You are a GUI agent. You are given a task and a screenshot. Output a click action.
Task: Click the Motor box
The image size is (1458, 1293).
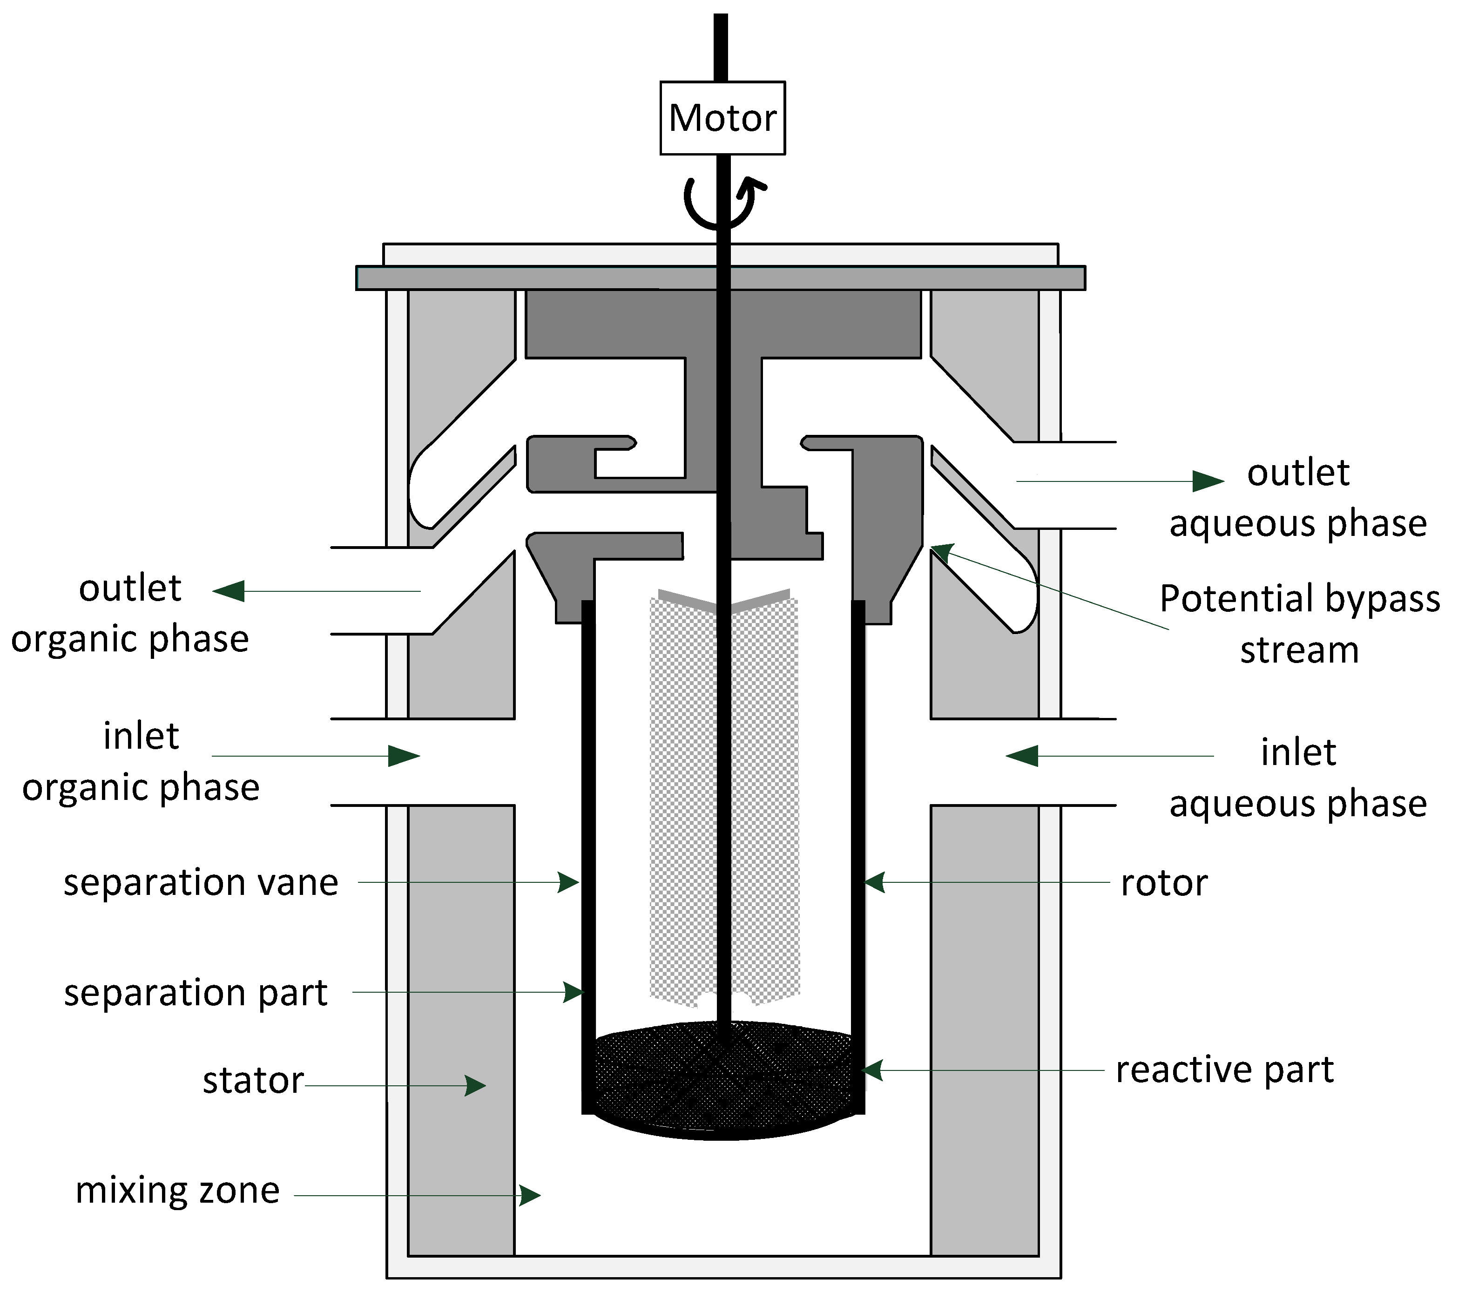tap(722, 118)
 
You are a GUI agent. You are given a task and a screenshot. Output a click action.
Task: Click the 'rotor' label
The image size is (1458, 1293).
tap(1164, 883)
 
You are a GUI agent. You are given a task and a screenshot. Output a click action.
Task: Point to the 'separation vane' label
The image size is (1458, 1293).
tap(201, 883)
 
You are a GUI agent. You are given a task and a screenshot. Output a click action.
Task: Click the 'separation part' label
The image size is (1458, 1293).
tap(196, 993)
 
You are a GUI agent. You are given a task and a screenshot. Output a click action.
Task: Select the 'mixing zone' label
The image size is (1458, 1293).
tap(178, 1191)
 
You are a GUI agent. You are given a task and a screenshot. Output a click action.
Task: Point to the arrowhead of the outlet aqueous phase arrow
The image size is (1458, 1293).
tap(1209, 481)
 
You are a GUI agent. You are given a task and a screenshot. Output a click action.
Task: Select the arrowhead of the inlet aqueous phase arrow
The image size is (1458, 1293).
tap(1021, 756)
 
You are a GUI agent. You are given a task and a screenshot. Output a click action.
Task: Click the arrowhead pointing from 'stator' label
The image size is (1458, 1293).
tap(476, 1086)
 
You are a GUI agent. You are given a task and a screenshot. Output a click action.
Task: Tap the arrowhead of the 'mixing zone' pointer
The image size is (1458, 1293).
tap(530, 1195)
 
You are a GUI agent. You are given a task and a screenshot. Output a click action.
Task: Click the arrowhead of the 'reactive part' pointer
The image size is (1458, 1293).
tap(871, 1070)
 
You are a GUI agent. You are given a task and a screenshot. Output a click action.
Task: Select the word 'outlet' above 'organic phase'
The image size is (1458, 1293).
tap(130, 589)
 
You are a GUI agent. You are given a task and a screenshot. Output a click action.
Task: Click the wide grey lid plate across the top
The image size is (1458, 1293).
tap(721, 278)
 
